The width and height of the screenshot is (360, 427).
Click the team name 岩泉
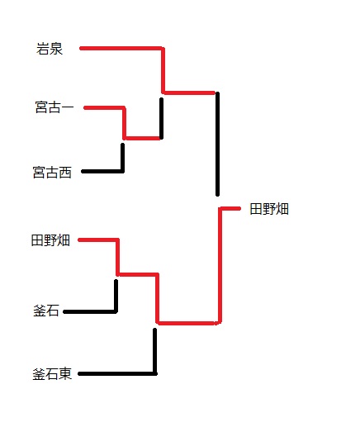50,49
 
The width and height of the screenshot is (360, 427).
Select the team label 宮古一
54,107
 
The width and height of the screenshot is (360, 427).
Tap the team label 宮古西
52,173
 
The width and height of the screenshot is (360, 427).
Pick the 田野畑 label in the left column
50,240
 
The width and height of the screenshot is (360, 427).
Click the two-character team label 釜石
46,311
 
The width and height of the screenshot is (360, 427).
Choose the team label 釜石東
52,374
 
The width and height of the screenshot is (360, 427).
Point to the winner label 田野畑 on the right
269,209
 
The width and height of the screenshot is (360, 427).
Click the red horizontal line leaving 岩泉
121,49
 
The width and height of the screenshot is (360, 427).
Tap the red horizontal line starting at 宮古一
105,107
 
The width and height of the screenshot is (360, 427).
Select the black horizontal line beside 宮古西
102,171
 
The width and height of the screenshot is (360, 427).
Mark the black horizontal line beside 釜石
90,311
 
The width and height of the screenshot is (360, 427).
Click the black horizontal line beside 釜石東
117,373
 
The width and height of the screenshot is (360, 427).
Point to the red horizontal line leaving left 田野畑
98,240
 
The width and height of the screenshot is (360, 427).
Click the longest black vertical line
217,144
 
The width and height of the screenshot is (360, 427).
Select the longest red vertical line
220,265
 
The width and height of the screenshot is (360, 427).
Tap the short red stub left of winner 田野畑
230,209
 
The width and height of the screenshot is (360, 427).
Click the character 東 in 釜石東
65,374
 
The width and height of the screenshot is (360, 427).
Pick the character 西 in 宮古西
65,173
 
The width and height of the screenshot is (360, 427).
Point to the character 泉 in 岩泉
56,49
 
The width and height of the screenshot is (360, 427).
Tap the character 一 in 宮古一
68,107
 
